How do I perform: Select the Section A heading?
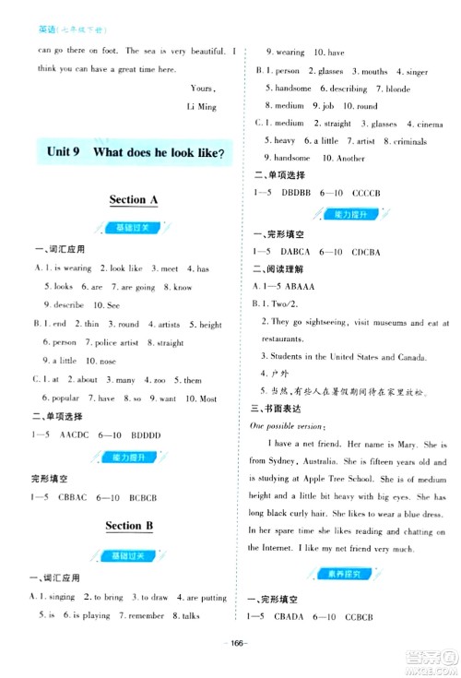click(134, 199)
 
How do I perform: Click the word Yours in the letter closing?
click(201, 88)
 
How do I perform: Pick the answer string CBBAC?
click(77, 498)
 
